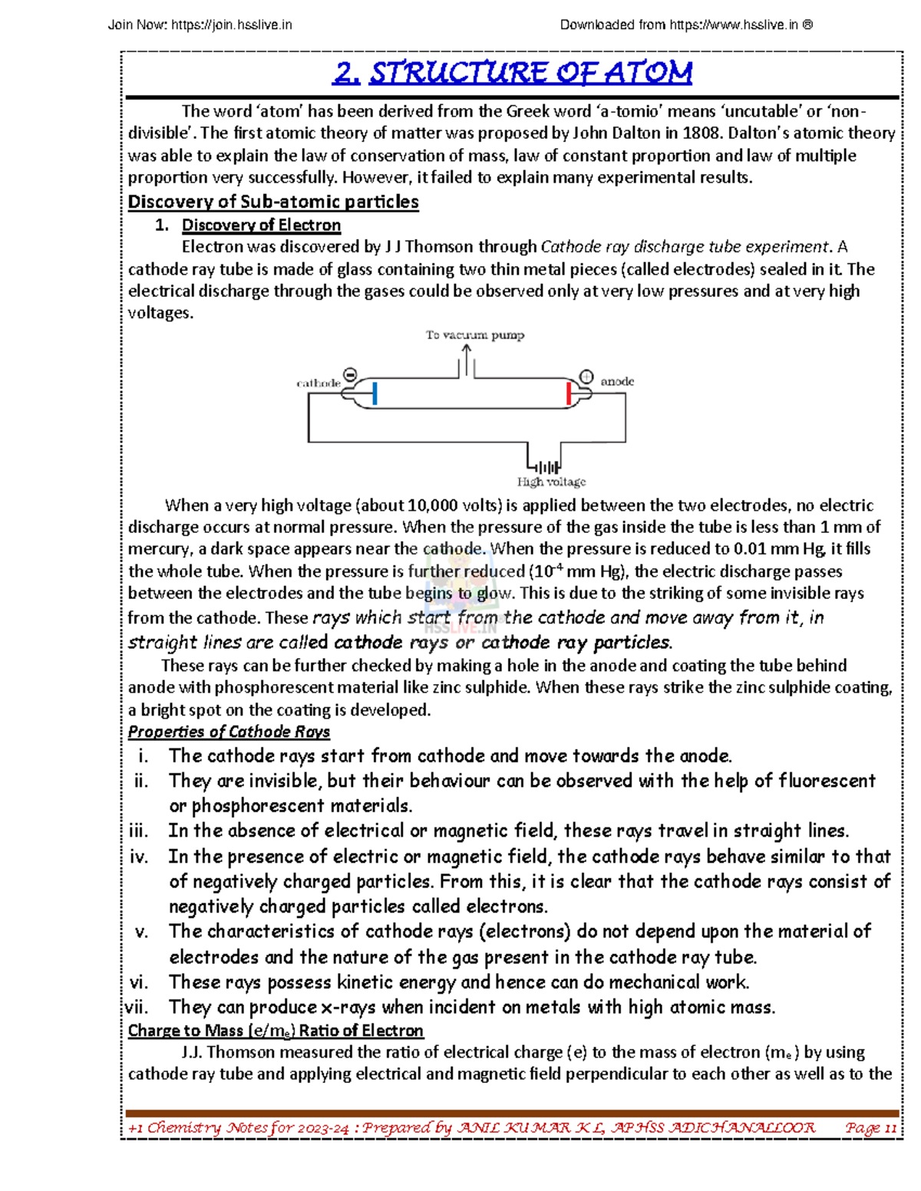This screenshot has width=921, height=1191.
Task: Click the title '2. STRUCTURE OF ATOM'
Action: click(513, 74)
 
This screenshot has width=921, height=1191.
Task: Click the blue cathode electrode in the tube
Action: click(375, 393)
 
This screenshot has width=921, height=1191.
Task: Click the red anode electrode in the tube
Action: click(568, 393)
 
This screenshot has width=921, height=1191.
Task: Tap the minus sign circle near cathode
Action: click(350, 375)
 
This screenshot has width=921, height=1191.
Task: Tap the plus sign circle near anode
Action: click(586, 377)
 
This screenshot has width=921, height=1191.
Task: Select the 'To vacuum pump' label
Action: click(475, 335)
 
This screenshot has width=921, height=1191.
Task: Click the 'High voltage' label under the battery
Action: click(551, 482)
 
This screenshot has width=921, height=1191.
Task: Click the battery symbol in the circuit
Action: click(547, 466)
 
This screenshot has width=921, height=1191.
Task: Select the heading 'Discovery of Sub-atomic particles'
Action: click(273, 202)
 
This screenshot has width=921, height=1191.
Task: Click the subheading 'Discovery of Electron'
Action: click(261, 225)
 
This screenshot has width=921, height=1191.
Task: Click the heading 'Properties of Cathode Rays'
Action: click(229, 732)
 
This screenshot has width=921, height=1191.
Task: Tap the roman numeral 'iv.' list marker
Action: click(139, 857)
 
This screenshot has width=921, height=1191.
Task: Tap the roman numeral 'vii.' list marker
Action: click(137, 1007)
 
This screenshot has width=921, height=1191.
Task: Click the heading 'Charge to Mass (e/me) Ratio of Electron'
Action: click(276, 1030)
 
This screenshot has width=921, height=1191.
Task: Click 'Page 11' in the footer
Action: click(870, 1127)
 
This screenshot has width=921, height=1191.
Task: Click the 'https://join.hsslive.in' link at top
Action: click(232, 25)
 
